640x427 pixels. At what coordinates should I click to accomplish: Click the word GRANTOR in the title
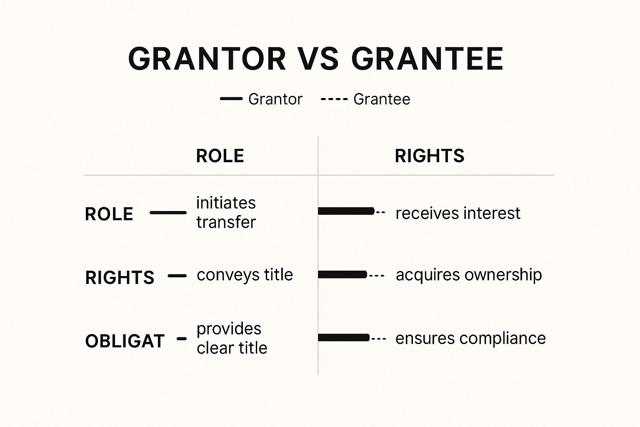(207, 59)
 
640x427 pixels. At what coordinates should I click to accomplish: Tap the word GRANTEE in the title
(427, 59)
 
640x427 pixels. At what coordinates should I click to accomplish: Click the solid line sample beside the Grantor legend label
(231, 99)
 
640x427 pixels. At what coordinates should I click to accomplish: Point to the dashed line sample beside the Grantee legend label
(334, 99)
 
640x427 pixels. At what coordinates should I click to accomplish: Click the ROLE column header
(220, 156)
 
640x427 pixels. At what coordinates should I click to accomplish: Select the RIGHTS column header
(430, 156)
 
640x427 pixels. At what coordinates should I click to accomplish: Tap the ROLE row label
(109, 214)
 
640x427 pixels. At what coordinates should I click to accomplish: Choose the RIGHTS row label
(120, 277)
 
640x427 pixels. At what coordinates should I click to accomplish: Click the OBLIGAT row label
(125, 341)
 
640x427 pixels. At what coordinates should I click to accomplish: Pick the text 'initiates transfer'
(226, 213)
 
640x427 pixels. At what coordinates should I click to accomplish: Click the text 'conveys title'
(245, 275)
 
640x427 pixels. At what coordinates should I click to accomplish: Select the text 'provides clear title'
(232, 338)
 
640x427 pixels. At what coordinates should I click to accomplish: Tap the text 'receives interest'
(458, 213)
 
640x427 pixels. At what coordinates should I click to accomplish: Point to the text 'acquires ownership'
(469, 275)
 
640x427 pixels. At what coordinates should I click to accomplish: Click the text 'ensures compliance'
(470, 338)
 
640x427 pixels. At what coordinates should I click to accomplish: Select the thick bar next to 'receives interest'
(346, 211)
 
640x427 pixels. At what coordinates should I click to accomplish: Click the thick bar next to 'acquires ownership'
(342, 274)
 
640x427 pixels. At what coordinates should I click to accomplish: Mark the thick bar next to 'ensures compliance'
(344, 338)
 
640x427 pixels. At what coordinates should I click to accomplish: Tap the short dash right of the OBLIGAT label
(182, 339)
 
